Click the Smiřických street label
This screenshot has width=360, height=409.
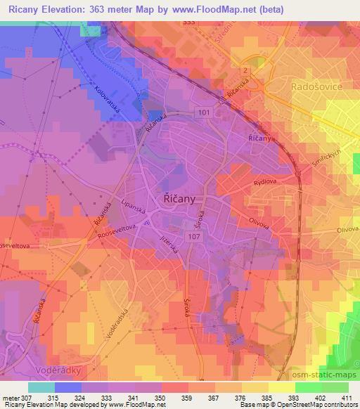tap(328, 150)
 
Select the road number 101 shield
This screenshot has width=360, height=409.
tap(204, 112)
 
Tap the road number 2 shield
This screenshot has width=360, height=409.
tap(245, 71)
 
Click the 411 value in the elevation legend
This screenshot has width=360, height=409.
tap(347, 398)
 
